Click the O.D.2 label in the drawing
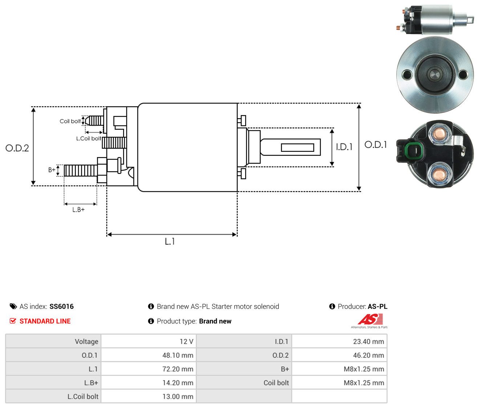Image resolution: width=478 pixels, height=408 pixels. pos(17,148)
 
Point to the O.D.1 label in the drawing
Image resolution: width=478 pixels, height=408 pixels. pos(376,145)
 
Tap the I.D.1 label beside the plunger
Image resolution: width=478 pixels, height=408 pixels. pos(344,147)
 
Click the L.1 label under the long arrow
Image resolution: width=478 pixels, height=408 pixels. pos(170,241)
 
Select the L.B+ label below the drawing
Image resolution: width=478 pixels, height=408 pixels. pos(78,210)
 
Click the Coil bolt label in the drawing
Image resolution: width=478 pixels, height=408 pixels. pos(70,121)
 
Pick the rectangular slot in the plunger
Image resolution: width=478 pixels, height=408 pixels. pos(297,147)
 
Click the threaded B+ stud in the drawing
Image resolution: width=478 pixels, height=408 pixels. pos(81,170)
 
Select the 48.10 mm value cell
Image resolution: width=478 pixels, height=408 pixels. pos(149,355)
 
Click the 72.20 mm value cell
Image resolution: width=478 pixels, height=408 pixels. pos(149,369)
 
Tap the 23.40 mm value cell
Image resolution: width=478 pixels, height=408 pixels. pos(339,342)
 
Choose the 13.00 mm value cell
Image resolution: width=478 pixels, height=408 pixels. pos(149,396)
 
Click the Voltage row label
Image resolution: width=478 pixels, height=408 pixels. pos(86,342)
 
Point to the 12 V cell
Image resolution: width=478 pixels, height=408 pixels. pos(149,342)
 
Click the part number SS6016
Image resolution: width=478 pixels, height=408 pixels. pos(61,306)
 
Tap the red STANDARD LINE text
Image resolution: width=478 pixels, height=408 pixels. pos(45,321)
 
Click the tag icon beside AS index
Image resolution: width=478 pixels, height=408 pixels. pos(13,306)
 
